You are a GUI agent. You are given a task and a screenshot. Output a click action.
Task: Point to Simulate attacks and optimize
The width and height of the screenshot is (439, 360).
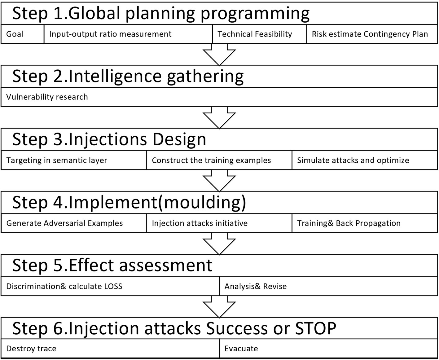[x=353, y=160]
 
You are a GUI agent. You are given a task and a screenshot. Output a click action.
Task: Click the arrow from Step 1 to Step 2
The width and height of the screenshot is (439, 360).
[x=219, y=55]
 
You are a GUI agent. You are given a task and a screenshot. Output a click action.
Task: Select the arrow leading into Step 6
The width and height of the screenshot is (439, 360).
[x=219, y=307]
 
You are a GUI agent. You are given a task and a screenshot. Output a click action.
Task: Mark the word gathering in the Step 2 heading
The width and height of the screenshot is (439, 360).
[x=205, y=77]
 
